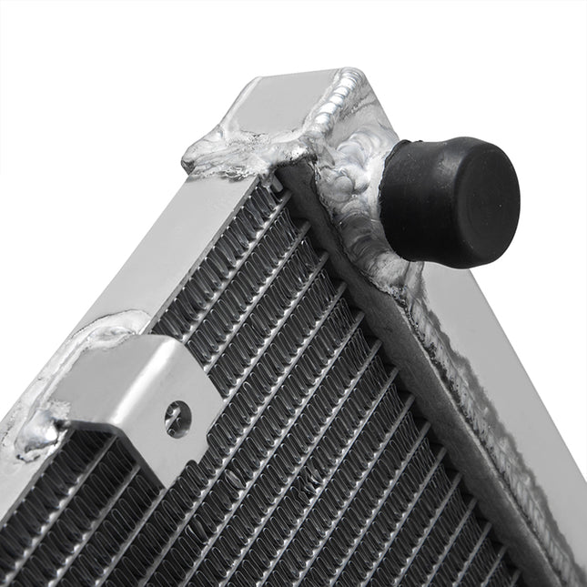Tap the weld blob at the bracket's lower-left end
coord(36,437)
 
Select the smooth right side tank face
coord(510,382)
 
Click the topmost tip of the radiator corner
coord(350,72)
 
